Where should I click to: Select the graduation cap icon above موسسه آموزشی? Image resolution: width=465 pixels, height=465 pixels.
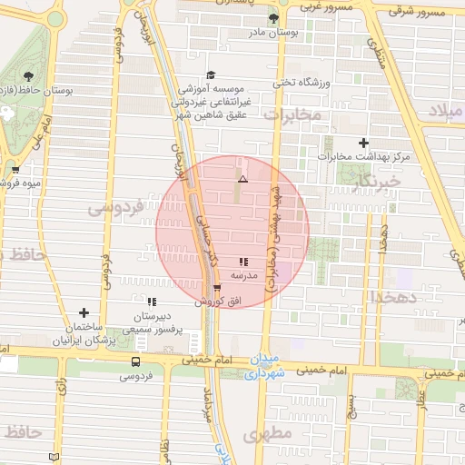point(212,75)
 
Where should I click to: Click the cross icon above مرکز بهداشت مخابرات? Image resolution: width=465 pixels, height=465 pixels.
point(364,143)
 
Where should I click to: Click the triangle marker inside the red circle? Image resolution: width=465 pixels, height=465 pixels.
point(242,180)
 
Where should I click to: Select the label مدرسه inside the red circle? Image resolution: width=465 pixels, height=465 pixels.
point(244,274)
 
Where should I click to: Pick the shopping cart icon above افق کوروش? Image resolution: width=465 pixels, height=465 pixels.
point(216,288)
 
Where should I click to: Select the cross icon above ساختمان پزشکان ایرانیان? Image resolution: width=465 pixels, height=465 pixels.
point(84,312)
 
